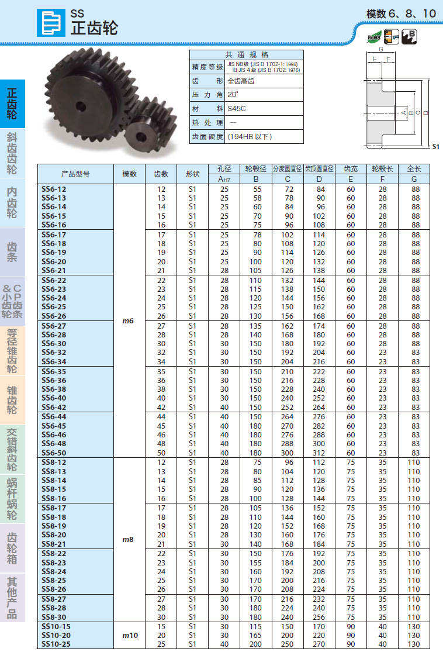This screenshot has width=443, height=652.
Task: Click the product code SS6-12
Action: [x=54, y=189]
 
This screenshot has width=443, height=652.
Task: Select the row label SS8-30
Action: [x=54, y=617]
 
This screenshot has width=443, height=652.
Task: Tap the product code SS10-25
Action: [x=56, y=644]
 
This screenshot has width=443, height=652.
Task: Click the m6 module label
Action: [x=129, y=320]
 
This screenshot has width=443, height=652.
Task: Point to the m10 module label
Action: [x=129, y=635]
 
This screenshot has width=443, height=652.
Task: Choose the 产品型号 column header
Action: [x=75, y=174]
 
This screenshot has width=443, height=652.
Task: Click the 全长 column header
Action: [x=414, y=169]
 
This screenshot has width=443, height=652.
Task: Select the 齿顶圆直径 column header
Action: [x=319, y=169]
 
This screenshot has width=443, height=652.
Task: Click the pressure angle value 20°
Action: [x=233, y=95]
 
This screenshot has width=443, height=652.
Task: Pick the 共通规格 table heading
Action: [x=246, y=54]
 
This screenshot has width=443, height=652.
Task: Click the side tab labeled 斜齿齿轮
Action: [x=12, y=153]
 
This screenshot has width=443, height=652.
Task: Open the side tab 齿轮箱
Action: [x=12, y=548]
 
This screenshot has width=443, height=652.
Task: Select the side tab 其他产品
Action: [x=12, y=598]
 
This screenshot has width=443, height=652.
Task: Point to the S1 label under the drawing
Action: [x=435, y=147]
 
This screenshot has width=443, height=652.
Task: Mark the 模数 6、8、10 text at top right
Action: [x=401, y=13]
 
